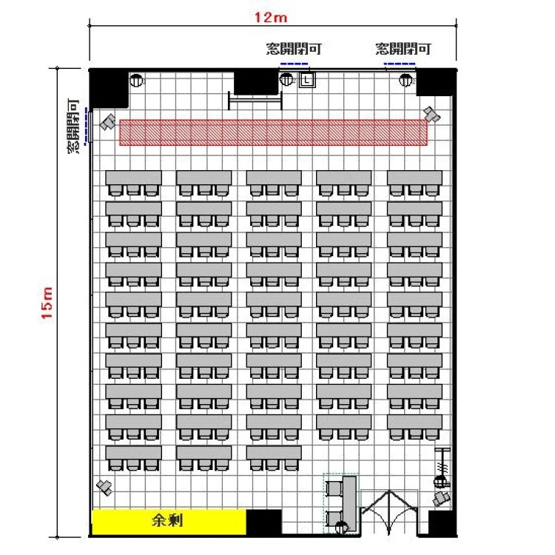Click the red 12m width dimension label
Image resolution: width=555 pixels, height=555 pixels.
pos(271,17)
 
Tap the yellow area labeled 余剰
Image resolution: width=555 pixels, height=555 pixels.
pos(169,522)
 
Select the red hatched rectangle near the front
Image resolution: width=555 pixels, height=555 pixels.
pos(273,132)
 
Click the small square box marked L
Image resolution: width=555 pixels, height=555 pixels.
pos(307,80)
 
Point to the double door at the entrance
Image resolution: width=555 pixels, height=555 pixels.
pos(389,512)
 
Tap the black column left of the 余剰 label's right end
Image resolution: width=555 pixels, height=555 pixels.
pos(263,522)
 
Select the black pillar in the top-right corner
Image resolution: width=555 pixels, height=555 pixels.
pos(434,82)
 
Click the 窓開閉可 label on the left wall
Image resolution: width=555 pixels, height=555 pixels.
pos(73,126)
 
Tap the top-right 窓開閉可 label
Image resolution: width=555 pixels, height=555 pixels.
pos(403,49)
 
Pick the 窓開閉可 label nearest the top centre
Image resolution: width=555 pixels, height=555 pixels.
pos(294,49)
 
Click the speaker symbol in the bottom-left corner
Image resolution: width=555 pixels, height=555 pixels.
pos(105,488)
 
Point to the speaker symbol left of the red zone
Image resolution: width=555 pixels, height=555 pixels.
pos(108,122)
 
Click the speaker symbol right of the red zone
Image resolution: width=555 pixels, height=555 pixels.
pos(432,114)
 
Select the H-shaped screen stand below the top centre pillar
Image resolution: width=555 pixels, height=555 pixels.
pos(255,101)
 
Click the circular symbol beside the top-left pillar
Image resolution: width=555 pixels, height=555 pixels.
pos(136,81)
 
